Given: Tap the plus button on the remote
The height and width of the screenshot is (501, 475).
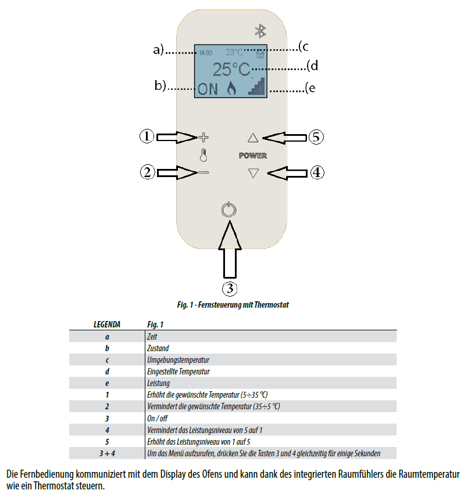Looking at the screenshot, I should tap(203, 138).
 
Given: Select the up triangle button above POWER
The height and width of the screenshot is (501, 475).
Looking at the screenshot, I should tap(252, 138).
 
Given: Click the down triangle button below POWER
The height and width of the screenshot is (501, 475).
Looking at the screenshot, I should tap(252, 172).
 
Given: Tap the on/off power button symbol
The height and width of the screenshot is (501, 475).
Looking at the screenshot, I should tap(229, 210).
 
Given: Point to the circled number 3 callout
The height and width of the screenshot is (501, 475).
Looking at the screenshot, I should tap(230, 287).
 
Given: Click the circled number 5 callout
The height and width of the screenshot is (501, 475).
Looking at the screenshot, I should tap(315, 138).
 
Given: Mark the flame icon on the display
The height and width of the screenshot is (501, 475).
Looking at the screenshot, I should tap(231, 88).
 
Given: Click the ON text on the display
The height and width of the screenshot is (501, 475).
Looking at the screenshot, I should tap(208, 89).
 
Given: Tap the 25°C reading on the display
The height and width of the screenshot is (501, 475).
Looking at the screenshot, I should tap(231, 70).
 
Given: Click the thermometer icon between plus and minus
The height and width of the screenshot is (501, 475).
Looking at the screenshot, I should tap(203, 155).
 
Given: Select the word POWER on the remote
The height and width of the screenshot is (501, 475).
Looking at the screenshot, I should tap(253, 156).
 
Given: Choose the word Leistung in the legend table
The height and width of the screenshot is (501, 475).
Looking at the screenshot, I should tap(158, 383).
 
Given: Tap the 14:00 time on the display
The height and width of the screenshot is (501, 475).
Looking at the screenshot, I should tap(205, 53).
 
